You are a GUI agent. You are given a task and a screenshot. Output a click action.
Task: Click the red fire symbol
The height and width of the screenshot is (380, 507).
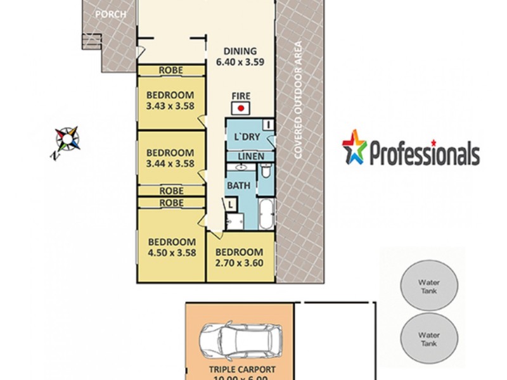241,108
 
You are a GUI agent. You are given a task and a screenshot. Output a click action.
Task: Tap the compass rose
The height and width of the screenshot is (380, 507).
68,137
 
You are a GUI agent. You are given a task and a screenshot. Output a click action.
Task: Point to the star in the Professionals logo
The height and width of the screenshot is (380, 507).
354,148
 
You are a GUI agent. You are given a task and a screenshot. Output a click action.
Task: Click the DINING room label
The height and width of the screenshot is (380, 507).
240,52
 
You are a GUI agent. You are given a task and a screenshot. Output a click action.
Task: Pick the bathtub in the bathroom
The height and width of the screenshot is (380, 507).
266,215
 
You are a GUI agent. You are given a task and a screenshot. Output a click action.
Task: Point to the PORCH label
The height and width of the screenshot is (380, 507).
111,13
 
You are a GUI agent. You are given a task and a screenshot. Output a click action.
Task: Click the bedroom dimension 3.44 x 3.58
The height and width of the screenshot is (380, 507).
170,163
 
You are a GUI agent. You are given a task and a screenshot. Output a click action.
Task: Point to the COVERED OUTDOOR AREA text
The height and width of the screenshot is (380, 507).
298,101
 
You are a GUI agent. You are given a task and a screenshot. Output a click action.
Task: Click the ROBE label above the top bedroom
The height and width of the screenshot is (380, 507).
171,70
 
